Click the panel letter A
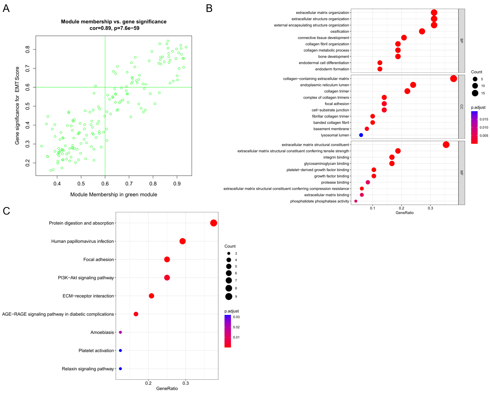[x=6, y=8]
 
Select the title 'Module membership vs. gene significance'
[x=114, y=22]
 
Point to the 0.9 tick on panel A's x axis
[x=177, y=184]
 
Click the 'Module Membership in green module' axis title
[x=114, y=195]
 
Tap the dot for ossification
[x=422, y=31]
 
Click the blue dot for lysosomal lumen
[x=361, y=135]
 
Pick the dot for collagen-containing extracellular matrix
[x=453, y=79]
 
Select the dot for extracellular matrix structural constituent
[x=446, y=145]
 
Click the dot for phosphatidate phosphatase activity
[x=356, y=201]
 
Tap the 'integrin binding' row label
[x=336, y=157]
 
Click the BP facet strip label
[x=462, y=41]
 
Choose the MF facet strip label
[x=462, y=173]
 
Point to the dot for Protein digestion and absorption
[x=214, y=223]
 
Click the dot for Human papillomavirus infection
[x=183, y=241]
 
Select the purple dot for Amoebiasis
[x=120, y=332]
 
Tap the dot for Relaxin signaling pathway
[x=120, y=369]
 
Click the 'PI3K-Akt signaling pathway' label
[x=86, y=278]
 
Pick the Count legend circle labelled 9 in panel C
[x=229, y=296]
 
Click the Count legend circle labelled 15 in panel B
[x=475, y=93]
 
